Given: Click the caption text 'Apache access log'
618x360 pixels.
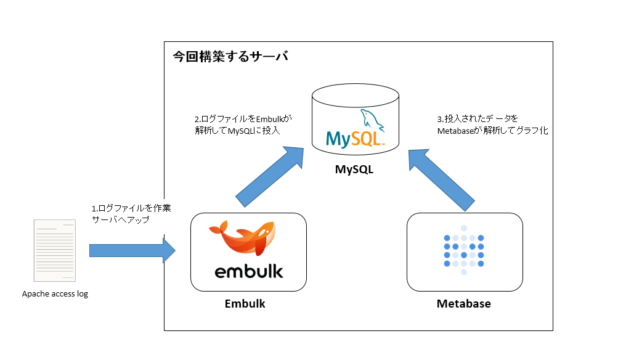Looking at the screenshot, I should [x=55, y=294].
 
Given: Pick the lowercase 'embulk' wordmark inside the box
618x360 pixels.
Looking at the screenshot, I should [x=249, y=271].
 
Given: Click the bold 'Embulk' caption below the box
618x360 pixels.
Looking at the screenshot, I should [x=245, y=304].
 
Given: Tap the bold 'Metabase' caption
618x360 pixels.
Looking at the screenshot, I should [x=463, y=304].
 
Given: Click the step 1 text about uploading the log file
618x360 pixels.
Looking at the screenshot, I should [x=130, y=214].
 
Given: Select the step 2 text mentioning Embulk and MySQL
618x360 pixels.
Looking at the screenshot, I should [x=243, y=124].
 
